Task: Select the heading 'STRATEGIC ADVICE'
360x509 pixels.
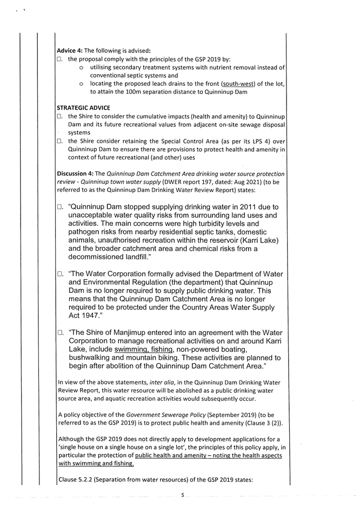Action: [83, 108]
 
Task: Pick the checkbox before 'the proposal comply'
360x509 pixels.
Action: [60, 59]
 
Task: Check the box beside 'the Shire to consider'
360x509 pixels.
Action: [60, 117]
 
